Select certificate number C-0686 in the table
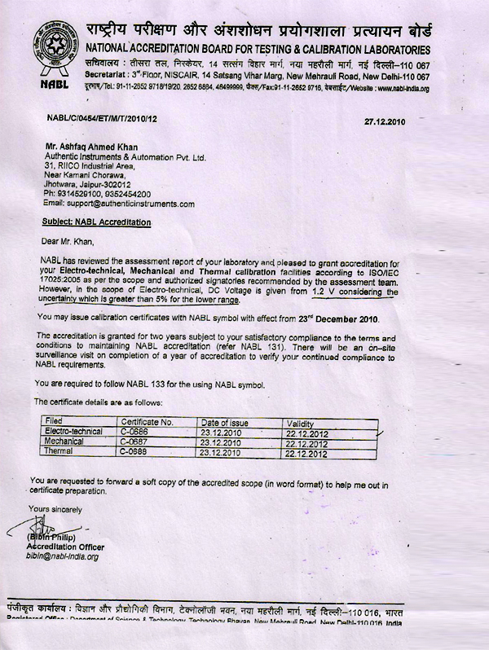[x=134, y=431]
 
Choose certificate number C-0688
[x=134, y=450]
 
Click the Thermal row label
[x=59, y=450]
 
